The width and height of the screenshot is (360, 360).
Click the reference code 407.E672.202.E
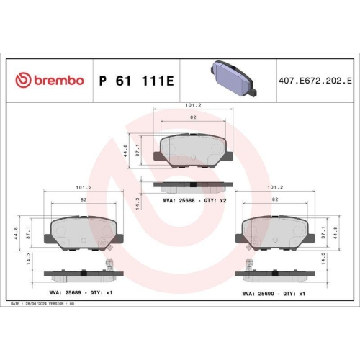(313, 79)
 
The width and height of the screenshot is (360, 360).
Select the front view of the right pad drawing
(277, 233)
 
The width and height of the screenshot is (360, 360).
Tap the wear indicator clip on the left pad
(110, 265)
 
